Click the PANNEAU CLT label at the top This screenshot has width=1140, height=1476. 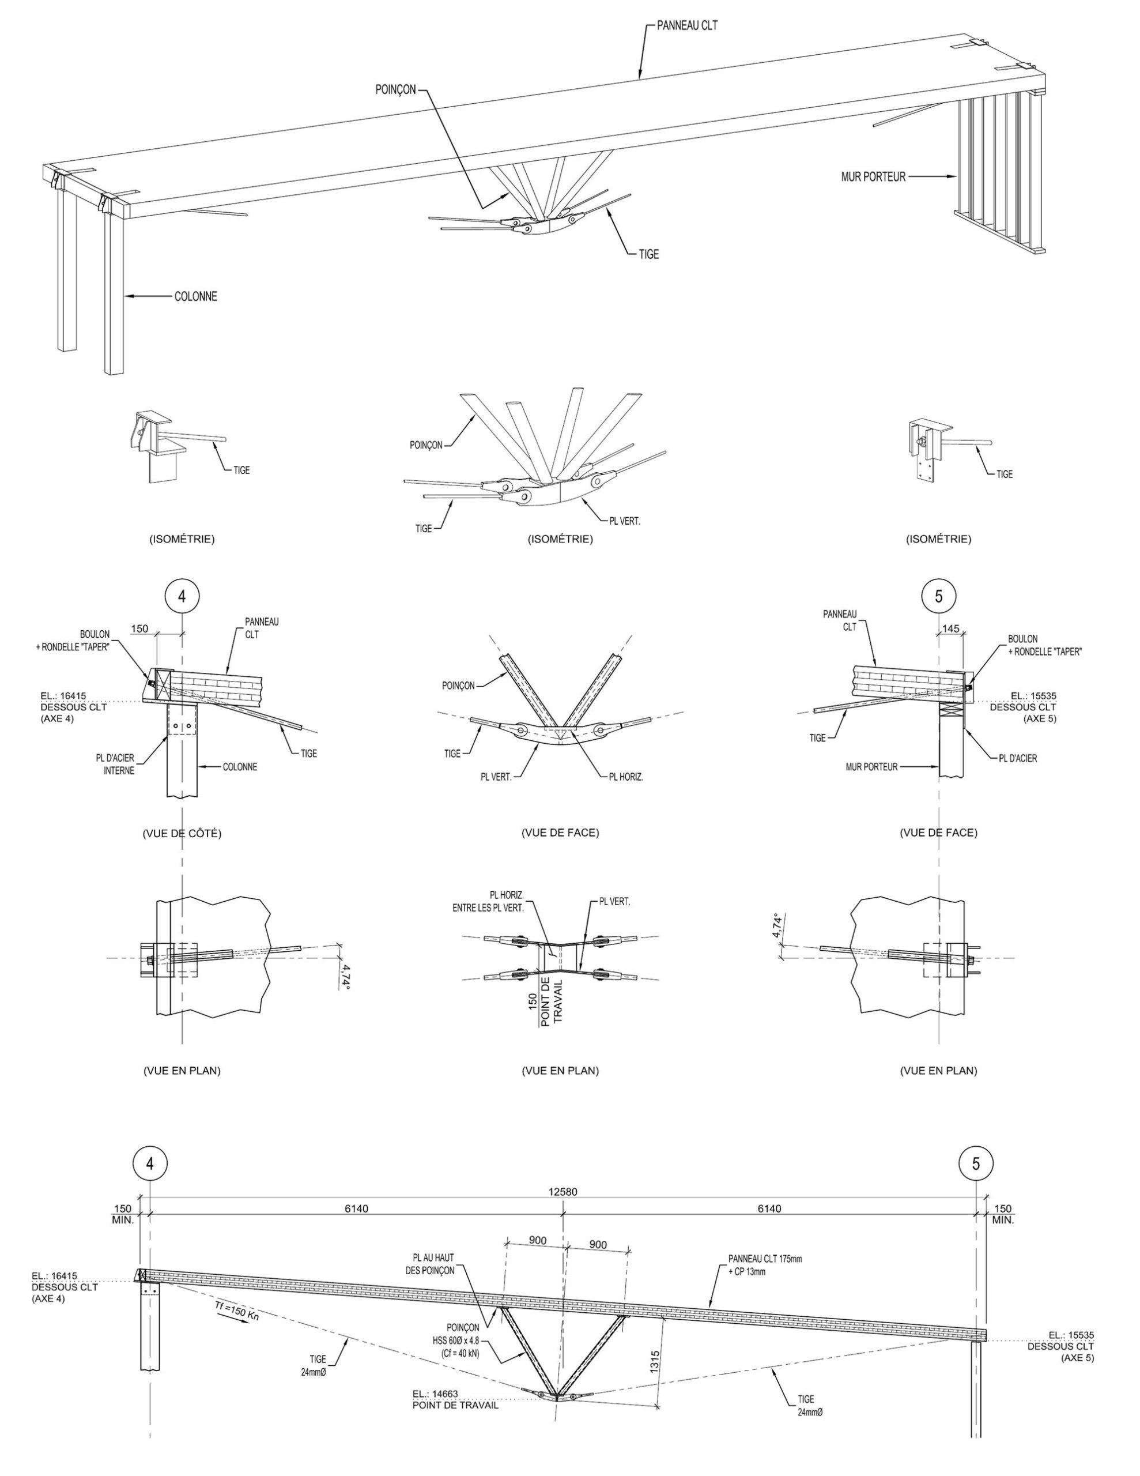686,26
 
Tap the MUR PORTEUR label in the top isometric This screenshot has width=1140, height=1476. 873,177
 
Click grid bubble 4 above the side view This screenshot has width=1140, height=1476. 182,596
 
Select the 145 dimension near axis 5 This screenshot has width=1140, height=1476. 950,628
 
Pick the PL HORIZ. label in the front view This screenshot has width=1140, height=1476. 626,777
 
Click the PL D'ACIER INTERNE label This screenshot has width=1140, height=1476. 115,765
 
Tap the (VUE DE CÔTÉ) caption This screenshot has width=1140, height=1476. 182,833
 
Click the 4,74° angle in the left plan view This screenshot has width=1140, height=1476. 345,977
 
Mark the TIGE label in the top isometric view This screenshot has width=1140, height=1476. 649,255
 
